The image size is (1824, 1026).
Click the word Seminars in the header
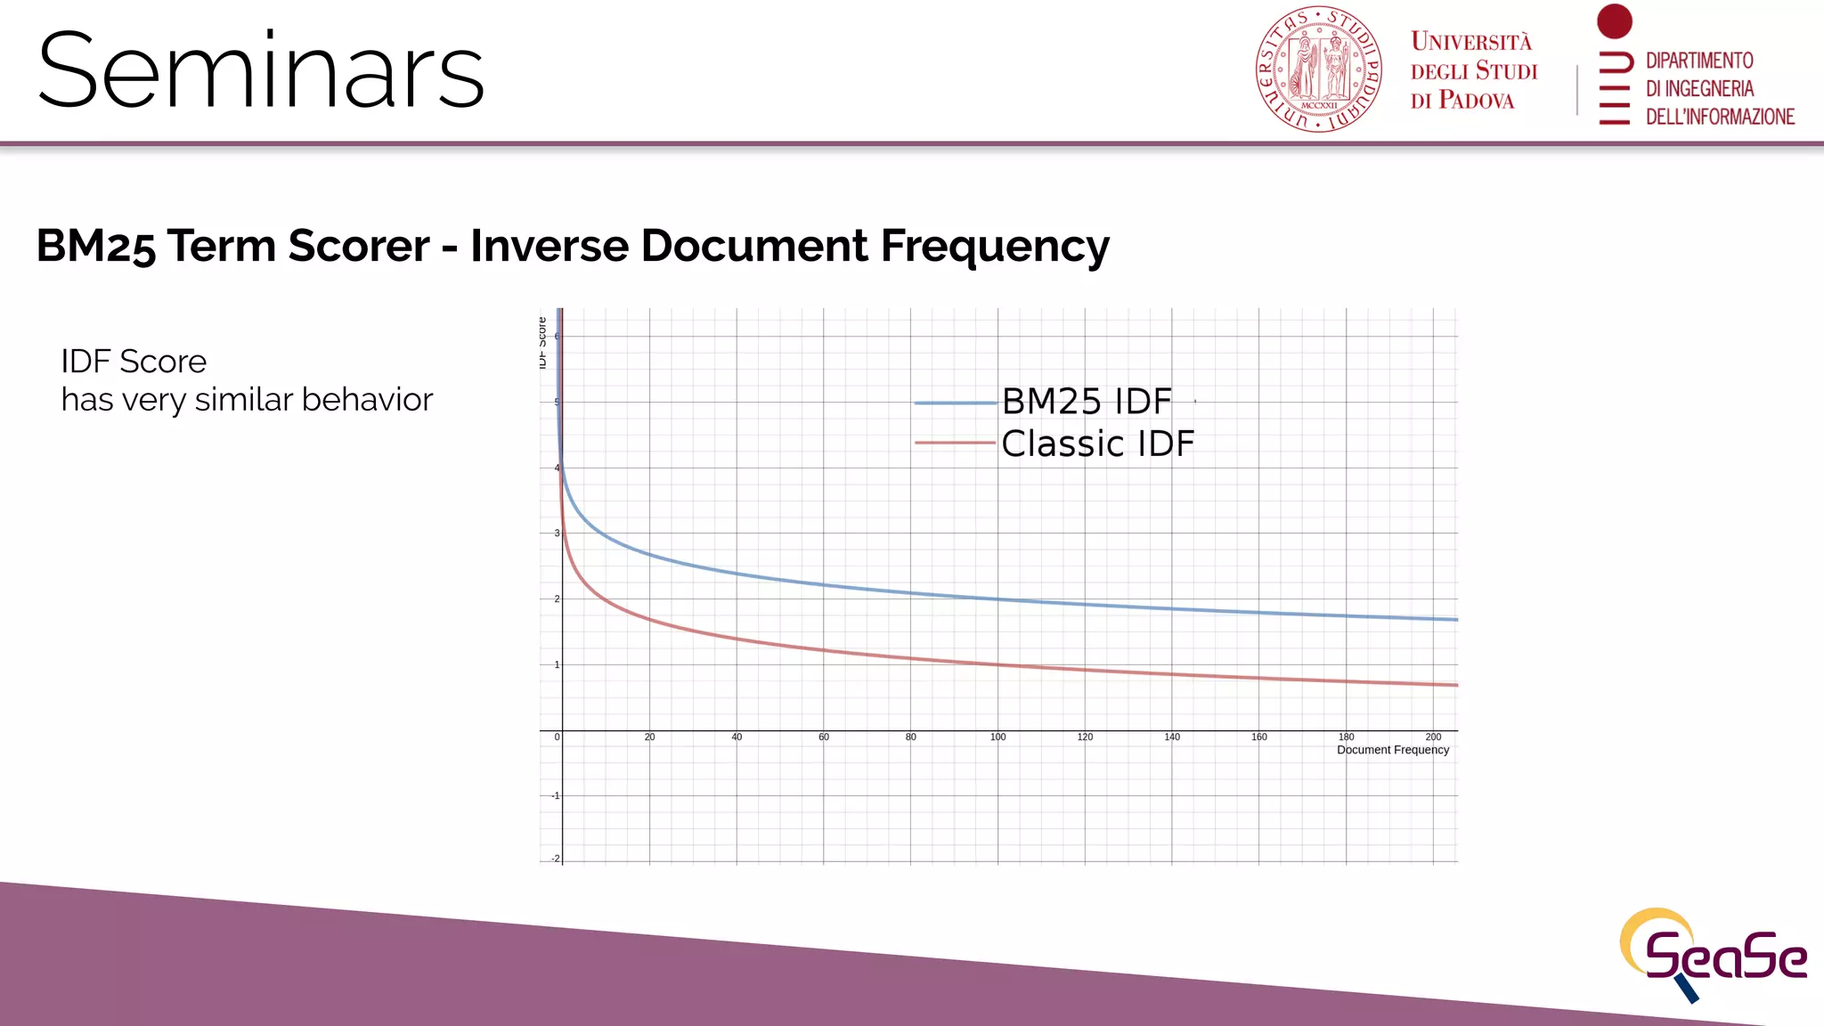[x=260, y=71]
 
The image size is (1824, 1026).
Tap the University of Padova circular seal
[x=1318, y=69]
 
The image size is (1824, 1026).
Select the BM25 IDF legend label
[x=1087, y=402]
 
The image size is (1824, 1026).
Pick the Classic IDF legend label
[x=1097, y=444]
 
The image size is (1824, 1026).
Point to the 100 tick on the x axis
[x=997, y=737]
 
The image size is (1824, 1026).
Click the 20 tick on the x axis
[x=649, y=737]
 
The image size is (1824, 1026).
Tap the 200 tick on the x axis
[x=1433, y=737]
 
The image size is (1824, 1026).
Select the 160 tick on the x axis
[x=1258, y=737]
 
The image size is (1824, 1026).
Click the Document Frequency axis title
[x=1392, y=750]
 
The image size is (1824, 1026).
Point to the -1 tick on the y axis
[x=556, y=795]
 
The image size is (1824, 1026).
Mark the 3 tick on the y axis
[x=558, y=533]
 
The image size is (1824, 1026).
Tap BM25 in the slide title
[x=96, y=246]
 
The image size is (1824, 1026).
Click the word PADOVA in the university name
[x=1476, y=101]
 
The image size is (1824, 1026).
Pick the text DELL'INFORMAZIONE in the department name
[x=1719, y=117]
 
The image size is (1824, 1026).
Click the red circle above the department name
[x=1614, y=21]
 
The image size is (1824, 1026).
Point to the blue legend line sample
[x=955, y=403]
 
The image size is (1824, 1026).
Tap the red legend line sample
[x=955, y=443]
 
